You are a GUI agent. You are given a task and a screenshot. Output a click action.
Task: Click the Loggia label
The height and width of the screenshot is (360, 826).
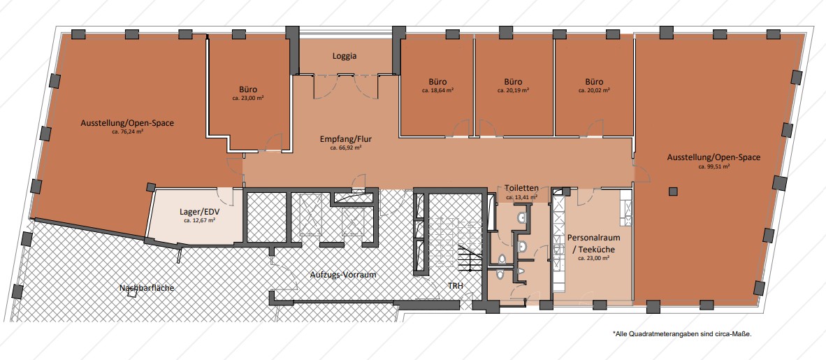345,56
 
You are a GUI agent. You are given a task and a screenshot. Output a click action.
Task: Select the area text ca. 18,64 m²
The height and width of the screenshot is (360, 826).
437,90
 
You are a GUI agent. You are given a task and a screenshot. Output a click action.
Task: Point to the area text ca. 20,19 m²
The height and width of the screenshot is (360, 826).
513,90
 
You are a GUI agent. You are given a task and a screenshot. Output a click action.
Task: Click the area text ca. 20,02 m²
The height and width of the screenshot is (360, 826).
594,90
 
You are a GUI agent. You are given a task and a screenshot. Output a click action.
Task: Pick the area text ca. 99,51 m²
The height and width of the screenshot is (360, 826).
713,166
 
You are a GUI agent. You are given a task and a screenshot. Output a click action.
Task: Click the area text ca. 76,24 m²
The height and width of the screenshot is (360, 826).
127,132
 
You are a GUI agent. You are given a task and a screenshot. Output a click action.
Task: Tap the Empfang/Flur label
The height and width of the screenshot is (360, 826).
345,140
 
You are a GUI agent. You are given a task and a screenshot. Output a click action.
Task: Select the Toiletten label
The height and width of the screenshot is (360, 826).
521,188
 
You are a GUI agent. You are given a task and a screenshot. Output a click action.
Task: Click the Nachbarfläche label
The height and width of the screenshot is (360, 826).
147,288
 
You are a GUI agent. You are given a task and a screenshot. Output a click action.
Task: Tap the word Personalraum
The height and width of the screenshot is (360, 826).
593,238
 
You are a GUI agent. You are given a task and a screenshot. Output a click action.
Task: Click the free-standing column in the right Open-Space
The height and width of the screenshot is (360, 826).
672,192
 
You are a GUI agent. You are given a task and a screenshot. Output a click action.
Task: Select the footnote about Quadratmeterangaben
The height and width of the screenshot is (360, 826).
681,333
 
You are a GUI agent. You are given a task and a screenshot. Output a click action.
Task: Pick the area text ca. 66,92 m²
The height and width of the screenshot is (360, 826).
345,148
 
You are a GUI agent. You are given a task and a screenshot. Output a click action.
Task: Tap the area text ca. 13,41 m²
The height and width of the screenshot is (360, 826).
521,198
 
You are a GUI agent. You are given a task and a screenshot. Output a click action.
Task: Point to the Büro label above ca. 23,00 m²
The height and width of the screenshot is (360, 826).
248,89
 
